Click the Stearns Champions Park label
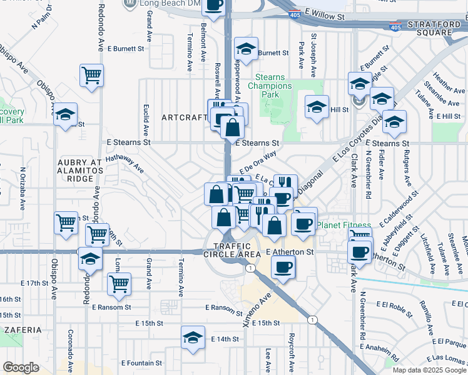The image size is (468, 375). tap(270, 86)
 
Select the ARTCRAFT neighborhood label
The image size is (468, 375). tap(183, 117)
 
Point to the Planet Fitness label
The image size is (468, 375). tap(343, 225)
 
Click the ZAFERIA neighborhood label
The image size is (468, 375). tap(21, 329)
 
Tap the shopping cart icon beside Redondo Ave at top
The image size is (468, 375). tap(92, 76)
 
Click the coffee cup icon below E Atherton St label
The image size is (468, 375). tap(283, 267)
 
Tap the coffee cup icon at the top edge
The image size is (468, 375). tap(213, 5)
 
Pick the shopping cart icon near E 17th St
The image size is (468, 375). tap(118, 284)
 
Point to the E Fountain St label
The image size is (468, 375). tap(141, 362)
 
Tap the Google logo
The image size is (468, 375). tap(21, 367)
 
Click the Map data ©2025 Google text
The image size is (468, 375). tap(429, 370)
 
